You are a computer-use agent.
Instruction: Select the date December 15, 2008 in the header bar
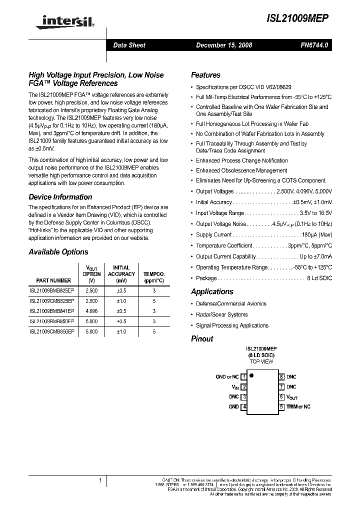tap(223, 45)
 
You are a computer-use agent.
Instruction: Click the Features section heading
tap(205, 75)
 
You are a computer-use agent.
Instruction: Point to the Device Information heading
tap(60, 196)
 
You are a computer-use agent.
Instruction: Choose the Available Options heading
tap(58, 252)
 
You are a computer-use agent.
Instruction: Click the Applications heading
tap(212, 291)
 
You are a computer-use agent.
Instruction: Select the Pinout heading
tap(202, 338)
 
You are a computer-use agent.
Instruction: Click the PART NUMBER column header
tap(53, 280)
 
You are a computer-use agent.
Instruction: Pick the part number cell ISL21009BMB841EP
tap(52, 310)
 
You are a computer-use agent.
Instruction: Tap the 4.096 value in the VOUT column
tap(91, 310)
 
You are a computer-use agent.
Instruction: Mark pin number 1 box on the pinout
tap(244, 377)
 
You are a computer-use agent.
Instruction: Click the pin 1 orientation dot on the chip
tap(251, 374)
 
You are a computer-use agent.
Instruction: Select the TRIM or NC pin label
tap(298, 407)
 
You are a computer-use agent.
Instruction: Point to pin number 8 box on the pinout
tap(281, 377)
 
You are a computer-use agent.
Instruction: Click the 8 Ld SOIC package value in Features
tap(318, 278)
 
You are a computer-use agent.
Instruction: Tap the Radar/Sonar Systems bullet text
tap(221, 314)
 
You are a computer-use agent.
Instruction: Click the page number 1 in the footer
tap(100, 481)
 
